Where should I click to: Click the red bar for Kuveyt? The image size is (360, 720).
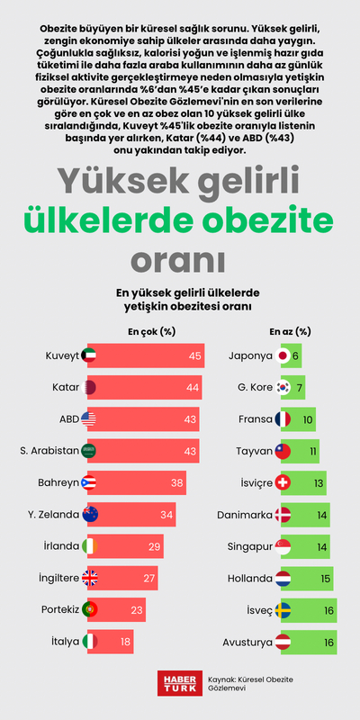(x=148, y=355)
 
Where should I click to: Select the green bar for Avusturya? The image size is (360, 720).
(x=310, y=643)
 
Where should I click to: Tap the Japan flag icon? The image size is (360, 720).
(x=283, y=355)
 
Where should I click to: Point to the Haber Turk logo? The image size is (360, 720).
(x=176, y=682)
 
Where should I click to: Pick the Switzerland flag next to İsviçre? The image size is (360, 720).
(x=283, y=482)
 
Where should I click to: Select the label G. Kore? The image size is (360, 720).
(x=250, y=388)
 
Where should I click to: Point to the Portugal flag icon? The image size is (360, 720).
(x=90, y=610)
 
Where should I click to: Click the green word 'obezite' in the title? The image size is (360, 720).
(x=267, y=220)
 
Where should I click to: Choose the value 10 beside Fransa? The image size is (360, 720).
(x=308, y=419)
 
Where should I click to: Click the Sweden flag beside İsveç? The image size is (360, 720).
(x=283, y=610)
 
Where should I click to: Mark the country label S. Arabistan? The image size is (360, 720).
(x=44, y=451)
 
